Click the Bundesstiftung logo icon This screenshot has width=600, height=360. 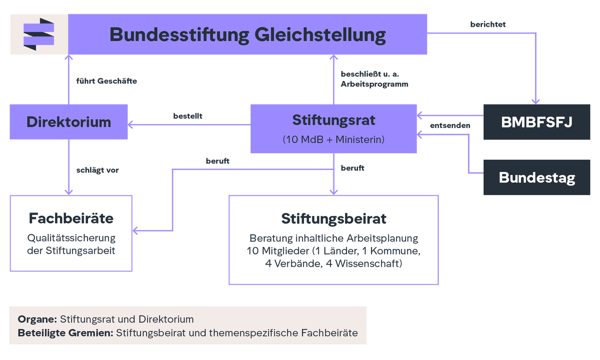[39, 34]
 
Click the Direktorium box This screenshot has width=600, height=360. [69, 122]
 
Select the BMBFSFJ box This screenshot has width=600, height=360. [536, 122]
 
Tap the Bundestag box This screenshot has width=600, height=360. [536, 178]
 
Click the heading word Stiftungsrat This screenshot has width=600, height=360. [334, 120]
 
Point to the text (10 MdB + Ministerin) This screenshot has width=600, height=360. [334, 139]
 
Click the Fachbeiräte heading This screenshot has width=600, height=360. [71, 218]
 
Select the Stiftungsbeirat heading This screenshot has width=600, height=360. [334, 219]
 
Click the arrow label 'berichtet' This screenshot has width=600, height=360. [488, 24]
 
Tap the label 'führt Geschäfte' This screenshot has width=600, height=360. [107, 81]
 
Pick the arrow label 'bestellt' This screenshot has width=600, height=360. [188, 116]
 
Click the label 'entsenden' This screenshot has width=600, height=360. [450, 126]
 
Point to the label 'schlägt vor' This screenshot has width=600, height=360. [98, 170]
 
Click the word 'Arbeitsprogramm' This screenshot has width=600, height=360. [375, 84]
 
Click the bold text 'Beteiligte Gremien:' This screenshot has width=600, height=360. [65, 333]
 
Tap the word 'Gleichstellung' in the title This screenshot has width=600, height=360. [320, 34]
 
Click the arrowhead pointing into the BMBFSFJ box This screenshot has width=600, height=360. [536, 101]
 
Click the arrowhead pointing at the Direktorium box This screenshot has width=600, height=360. [131, 124]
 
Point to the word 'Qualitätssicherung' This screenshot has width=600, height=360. [71, 238]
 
